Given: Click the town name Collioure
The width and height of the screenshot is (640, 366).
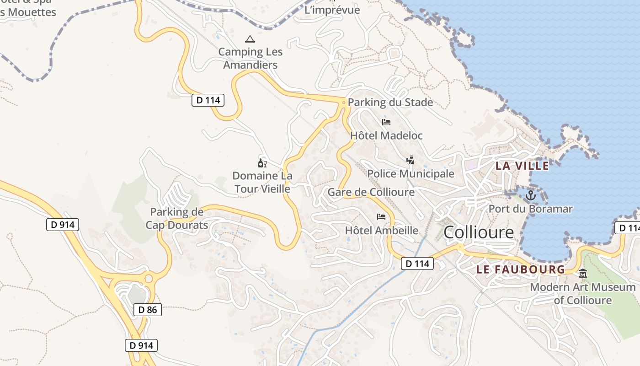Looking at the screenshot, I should coord(479,232).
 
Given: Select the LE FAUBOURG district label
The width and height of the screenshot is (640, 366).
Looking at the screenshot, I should coord(521,269).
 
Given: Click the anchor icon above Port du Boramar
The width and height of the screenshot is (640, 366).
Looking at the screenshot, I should coord(530,196).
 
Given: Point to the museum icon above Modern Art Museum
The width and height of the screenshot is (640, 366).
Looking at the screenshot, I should coord(583,274).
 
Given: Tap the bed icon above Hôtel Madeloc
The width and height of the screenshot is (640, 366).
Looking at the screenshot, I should coord(386,122).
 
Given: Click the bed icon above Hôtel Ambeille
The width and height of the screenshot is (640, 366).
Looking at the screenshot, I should coord(381,217).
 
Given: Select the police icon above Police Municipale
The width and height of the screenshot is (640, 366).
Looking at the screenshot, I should coord(411,160).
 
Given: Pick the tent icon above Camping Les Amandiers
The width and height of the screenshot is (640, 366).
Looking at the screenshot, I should coord(250,39).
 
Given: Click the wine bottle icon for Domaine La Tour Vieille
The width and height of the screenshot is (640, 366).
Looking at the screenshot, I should coord(262,163).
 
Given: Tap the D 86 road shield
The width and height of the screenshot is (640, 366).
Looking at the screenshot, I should coord(148,310).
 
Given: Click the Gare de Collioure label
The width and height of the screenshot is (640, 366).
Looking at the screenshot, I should coord(371,192).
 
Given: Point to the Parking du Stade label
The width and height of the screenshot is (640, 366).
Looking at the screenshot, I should coord(390,102).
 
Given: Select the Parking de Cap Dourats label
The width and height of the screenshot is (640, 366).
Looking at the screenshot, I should coord(177,219).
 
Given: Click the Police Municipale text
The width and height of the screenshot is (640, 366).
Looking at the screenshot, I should coord(411,174).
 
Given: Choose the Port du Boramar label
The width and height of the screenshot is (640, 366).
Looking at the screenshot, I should coord(530,209).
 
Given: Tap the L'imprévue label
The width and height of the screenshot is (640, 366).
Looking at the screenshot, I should coord(332,10).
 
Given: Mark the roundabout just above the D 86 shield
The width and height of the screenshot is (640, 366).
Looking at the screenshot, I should coord(149,279).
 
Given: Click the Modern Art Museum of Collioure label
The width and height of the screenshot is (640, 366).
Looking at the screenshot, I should coord(583,294).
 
